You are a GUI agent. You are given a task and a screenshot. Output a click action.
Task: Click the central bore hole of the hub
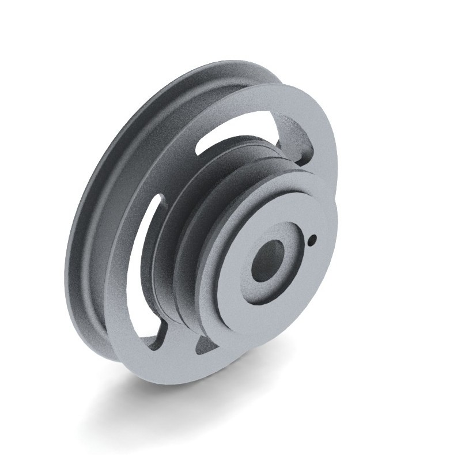[x=268, y=260]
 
